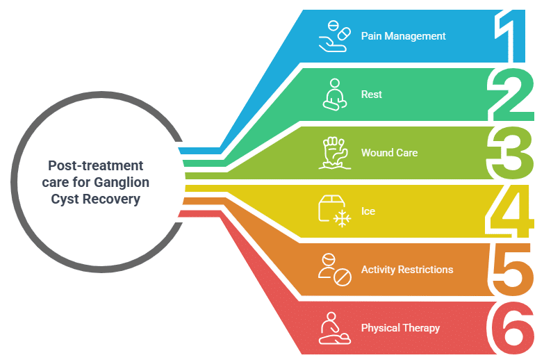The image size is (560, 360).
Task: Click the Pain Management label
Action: [403, 36]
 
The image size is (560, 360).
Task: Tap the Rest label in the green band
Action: [372, 95]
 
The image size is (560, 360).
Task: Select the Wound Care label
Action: [389, 152]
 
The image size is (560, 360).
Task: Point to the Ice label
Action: [368, 211]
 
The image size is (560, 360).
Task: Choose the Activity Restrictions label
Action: [407, 270]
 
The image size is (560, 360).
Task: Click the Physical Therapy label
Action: [400, 328]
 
